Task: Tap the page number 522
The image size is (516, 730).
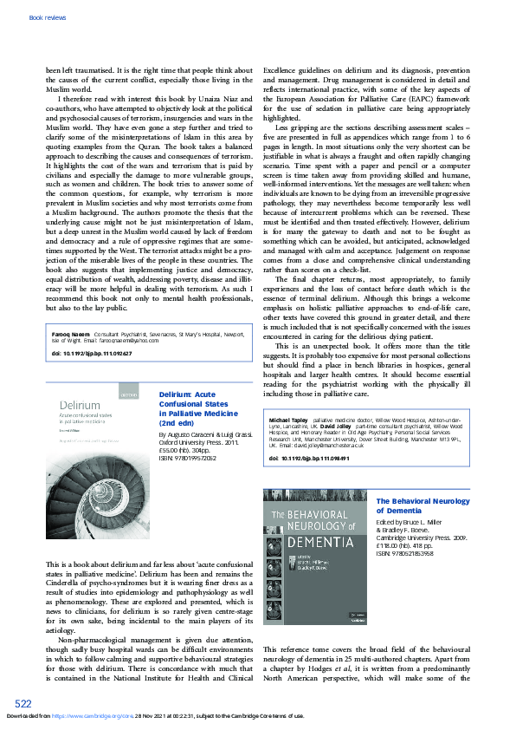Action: (23, 702)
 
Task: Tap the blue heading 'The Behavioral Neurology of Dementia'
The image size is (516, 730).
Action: (422, 506)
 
